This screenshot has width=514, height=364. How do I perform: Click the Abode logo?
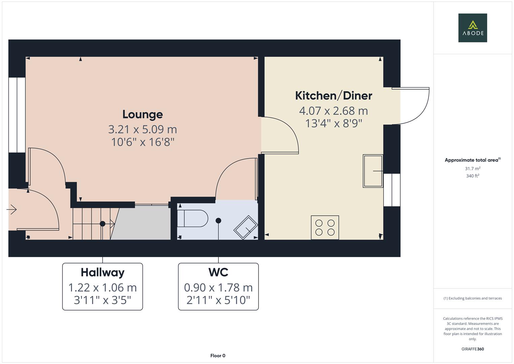point(473,28)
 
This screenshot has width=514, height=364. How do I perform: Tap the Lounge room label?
point(142,114)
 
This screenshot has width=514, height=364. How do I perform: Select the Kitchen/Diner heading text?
point(334,96)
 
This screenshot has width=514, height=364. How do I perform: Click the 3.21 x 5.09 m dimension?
point(142,129)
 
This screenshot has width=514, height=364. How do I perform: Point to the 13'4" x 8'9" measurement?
point(334,123)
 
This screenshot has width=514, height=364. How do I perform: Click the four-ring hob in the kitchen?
point(325,227)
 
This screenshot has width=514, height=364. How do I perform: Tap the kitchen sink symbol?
point(373,171)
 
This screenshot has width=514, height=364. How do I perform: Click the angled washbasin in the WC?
point(246,227)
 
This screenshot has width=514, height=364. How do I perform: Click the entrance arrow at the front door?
point(12,210)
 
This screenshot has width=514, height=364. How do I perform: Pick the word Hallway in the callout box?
point(103,272)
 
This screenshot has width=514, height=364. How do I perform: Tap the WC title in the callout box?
point(218,272)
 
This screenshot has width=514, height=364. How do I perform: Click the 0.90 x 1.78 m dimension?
point(218,287)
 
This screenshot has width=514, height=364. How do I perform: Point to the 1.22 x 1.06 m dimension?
point(103,287)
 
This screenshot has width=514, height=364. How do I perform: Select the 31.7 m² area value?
point(473,169)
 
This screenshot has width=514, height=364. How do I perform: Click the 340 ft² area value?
point(473,176)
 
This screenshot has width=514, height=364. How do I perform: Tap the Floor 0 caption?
point(218,356)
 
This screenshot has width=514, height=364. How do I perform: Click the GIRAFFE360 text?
point(473,349)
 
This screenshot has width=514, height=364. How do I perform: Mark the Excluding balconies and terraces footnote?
point(473,298)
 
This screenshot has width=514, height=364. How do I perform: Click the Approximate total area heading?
point(472,160)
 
